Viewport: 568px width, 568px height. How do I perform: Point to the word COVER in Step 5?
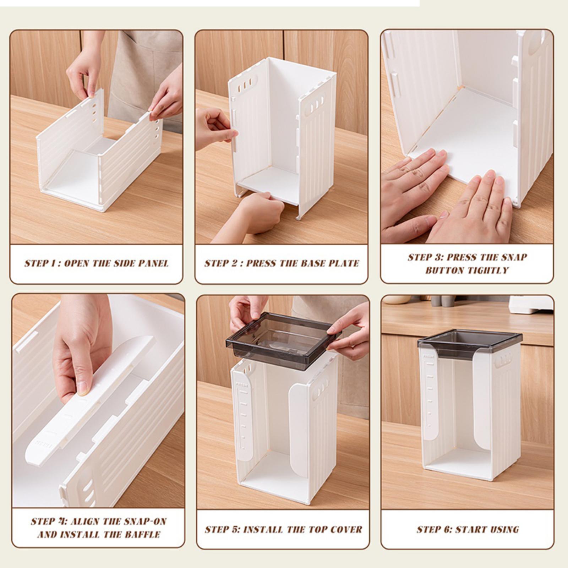coord(346,529)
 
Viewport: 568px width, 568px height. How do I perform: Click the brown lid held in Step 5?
coord(283,335)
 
